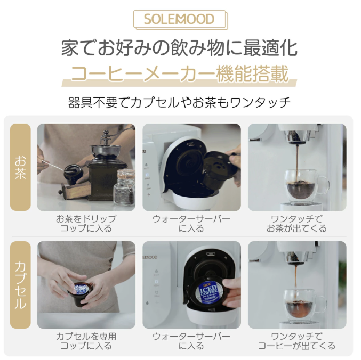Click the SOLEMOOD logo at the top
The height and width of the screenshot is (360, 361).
click(180, 20)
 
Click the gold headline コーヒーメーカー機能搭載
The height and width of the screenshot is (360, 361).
click(180, 73)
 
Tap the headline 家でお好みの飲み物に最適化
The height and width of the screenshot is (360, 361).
click(180, 47)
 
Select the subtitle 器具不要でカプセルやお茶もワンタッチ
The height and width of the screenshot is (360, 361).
click(180, 101)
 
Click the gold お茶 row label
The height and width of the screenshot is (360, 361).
click(20, 167)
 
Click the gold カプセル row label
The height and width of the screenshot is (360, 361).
click(20, 285)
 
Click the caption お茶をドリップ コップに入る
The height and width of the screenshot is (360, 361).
click(86, 224)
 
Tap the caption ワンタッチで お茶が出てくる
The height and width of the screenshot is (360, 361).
click(297, 224)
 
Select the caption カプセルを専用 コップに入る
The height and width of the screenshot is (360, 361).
click(86, 341)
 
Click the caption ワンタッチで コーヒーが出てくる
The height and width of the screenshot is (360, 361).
click(297, 341)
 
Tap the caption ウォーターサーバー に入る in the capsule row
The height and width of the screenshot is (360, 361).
click(191, 341)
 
